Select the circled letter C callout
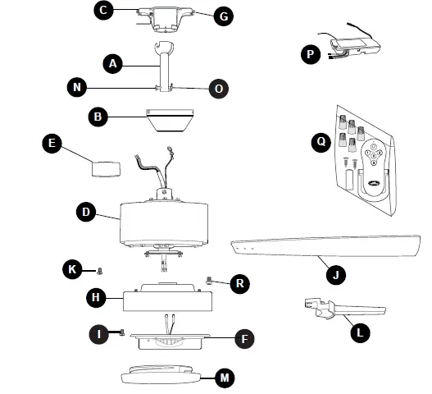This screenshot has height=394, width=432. (103, 11)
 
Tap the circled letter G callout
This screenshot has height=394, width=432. (223, 15)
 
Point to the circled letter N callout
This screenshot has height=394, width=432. (76, 86)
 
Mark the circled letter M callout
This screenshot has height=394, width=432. (225, 378)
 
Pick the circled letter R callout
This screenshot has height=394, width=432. (239, 283)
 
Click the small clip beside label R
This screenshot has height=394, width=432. (210, 280)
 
